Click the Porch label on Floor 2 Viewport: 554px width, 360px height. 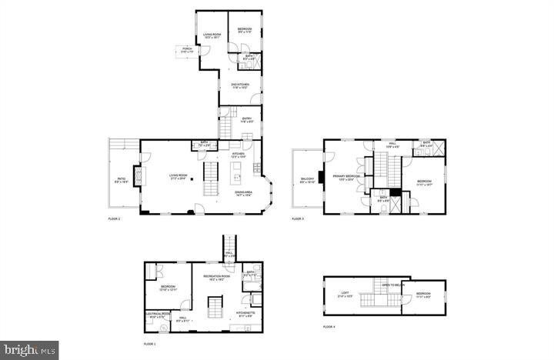tap(187, 50)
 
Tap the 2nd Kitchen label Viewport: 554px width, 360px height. tap(241, 86)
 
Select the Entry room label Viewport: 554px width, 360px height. tap(247, 120)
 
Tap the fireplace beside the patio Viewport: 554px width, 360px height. tap(139, 178)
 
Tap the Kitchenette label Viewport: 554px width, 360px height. tap(245, 315)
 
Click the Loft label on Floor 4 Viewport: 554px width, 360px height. tap(345, 295)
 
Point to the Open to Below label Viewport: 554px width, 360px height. tap(393, 285)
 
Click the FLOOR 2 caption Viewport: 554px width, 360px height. tap(114, 219)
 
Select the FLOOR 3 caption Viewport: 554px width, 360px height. tap(298, 219)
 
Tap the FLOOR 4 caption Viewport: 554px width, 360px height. tap(329, 328)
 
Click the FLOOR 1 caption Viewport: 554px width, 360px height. tap(150, 344)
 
